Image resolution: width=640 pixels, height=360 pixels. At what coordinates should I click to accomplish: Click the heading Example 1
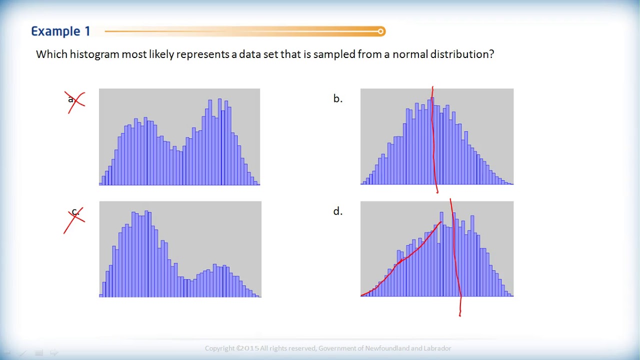tap(60, 31)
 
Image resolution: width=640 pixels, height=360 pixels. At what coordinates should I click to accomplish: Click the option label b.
tap(337, 99)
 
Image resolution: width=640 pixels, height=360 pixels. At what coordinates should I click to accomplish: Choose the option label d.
tap(337, 211)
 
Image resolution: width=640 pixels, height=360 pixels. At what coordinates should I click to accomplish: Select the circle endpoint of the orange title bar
tap(381, 31)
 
